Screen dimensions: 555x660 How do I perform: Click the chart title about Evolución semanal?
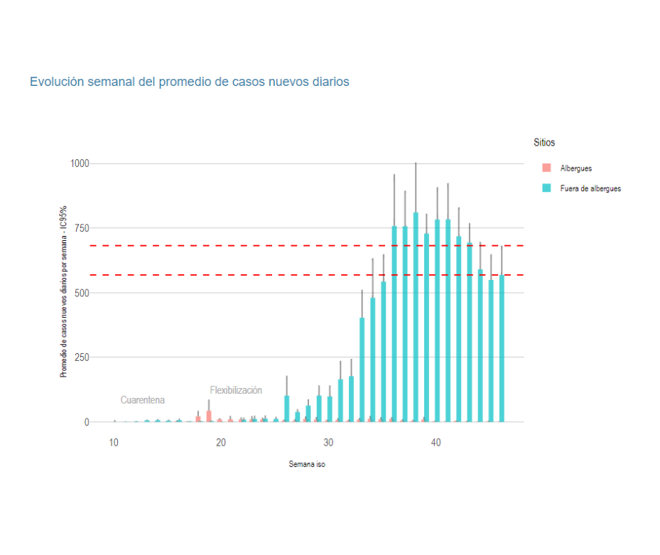(189, 82)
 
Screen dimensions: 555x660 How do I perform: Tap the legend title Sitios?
(544, 143)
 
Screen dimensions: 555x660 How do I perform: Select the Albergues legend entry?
(575, 168)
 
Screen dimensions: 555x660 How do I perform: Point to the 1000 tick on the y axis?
(79, 163)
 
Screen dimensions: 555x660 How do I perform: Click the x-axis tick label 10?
(114, 443)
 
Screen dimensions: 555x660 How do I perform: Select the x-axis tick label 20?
(221, 443)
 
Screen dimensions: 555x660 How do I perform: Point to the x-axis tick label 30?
(328, 443)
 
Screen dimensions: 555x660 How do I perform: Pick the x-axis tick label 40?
(436, 443)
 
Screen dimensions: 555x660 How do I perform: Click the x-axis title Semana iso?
(307, 464)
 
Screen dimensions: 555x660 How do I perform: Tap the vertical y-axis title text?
(63, 291)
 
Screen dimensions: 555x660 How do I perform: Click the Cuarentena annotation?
(143, 400)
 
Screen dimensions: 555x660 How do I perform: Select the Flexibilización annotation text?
(236, 390)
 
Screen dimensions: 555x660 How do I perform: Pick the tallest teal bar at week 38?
(416, 320)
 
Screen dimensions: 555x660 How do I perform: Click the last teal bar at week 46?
(502, 348)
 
